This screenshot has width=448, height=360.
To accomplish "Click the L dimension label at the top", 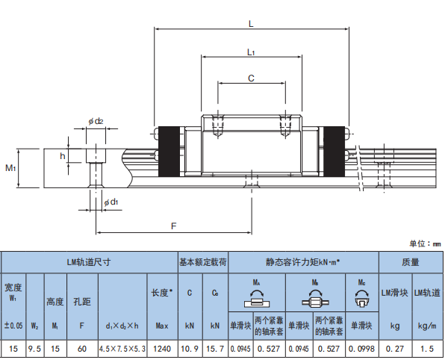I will coord(251,23).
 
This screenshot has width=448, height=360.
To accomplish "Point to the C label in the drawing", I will coord(250,78).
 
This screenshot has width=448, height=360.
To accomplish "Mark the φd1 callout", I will coord(110,202).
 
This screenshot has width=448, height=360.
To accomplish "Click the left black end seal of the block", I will coord(169,151).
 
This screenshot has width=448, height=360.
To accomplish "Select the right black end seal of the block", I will coord(333,151).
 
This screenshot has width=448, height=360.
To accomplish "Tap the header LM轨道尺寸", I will coord(88,262).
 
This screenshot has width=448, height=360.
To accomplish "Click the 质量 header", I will coord(411,262).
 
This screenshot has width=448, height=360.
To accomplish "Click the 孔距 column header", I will coord(82,302).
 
